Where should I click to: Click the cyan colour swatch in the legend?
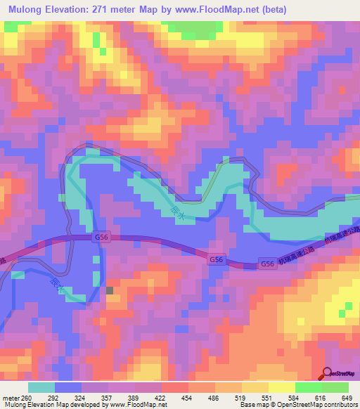tap(41, 387)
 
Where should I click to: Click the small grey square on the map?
tap(109, 290)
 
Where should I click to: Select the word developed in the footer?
tap(89, 404)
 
